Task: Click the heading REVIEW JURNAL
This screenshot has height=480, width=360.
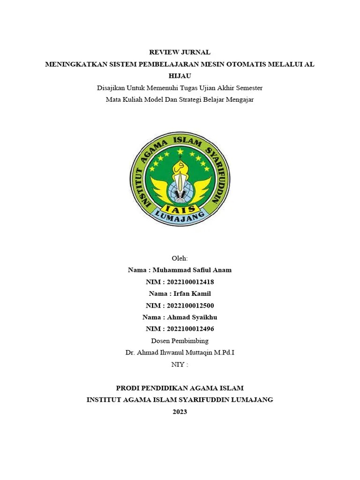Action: (180, 52)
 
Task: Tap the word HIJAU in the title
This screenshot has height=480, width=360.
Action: (180, 76)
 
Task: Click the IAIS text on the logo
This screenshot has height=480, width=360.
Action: (180, 209)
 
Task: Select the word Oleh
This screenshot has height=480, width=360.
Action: (180, 258)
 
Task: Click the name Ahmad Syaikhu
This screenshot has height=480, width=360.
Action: (192, 317)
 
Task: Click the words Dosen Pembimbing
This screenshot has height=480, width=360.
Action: (180, 341)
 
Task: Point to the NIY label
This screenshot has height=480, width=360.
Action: (178, 364)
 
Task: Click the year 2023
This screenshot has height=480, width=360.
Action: (180, 412)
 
